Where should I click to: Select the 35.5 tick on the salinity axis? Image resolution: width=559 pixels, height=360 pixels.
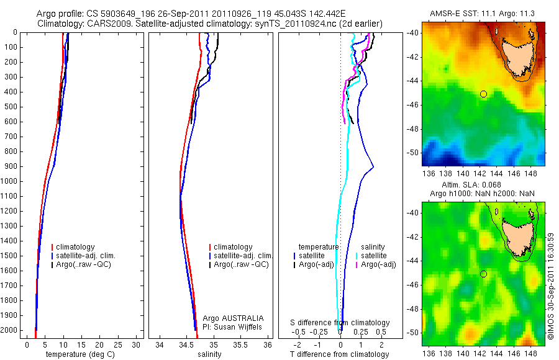click(240, 344)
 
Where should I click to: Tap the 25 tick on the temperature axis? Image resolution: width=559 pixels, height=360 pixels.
click(117, 344)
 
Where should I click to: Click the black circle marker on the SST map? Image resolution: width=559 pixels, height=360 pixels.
click(483, 94)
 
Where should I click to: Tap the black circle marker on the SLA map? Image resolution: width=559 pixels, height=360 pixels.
click(483, 274)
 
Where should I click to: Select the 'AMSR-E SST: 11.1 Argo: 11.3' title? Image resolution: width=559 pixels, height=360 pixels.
click(482, 14)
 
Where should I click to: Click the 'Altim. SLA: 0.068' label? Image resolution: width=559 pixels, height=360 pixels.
click(482, 186)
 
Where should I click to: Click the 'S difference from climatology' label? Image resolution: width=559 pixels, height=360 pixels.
click(340, 323)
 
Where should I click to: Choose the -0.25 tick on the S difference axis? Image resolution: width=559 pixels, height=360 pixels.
click(321, 332)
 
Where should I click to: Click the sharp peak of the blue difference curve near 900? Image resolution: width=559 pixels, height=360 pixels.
click(373, 167)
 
